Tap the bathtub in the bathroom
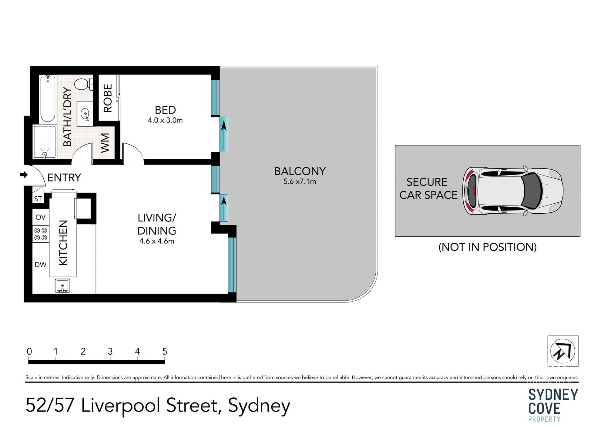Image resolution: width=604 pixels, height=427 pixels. coord(48,99)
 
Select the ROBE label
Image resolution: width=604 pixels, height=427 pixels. coord(108,98)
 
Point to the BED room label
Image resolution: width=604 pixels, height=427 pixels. coord(165,110)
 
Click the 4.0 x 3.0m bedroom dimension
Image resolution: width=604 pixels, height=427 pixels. coord(165,120)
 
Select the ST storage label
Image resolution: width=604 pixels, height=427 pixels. coord(38,199)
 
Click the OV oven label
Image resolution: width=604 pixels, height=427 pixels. coord(41,217)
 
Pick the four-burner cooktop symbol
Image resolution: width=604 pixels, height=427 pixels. coord(41,234)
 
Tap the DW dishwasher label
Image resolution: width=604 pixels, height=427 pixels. coord(41,265)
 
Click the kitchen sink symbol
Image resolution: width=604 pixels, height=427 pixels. coord(62,286)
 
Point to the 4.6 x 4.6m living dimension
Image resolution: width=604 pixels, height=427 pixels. coord(157,241)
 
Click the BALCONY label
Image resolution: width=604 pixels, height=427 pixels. coord(300,171)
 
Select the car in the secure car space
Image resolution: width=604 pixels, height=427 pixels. coord(512,191)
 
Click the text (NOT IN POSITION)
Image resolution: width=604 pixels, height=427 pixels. coord(487,247)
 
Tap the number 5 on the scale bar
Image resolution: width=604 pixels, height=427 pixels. coord(165,351)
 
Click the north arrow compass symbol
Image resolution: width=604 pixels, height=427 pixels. coord(563,351)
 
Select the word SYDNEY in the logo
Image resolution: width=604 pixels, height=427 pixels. coord(553,395)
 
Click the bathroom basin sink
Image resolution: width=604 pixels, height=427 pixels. coord(85,114)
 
